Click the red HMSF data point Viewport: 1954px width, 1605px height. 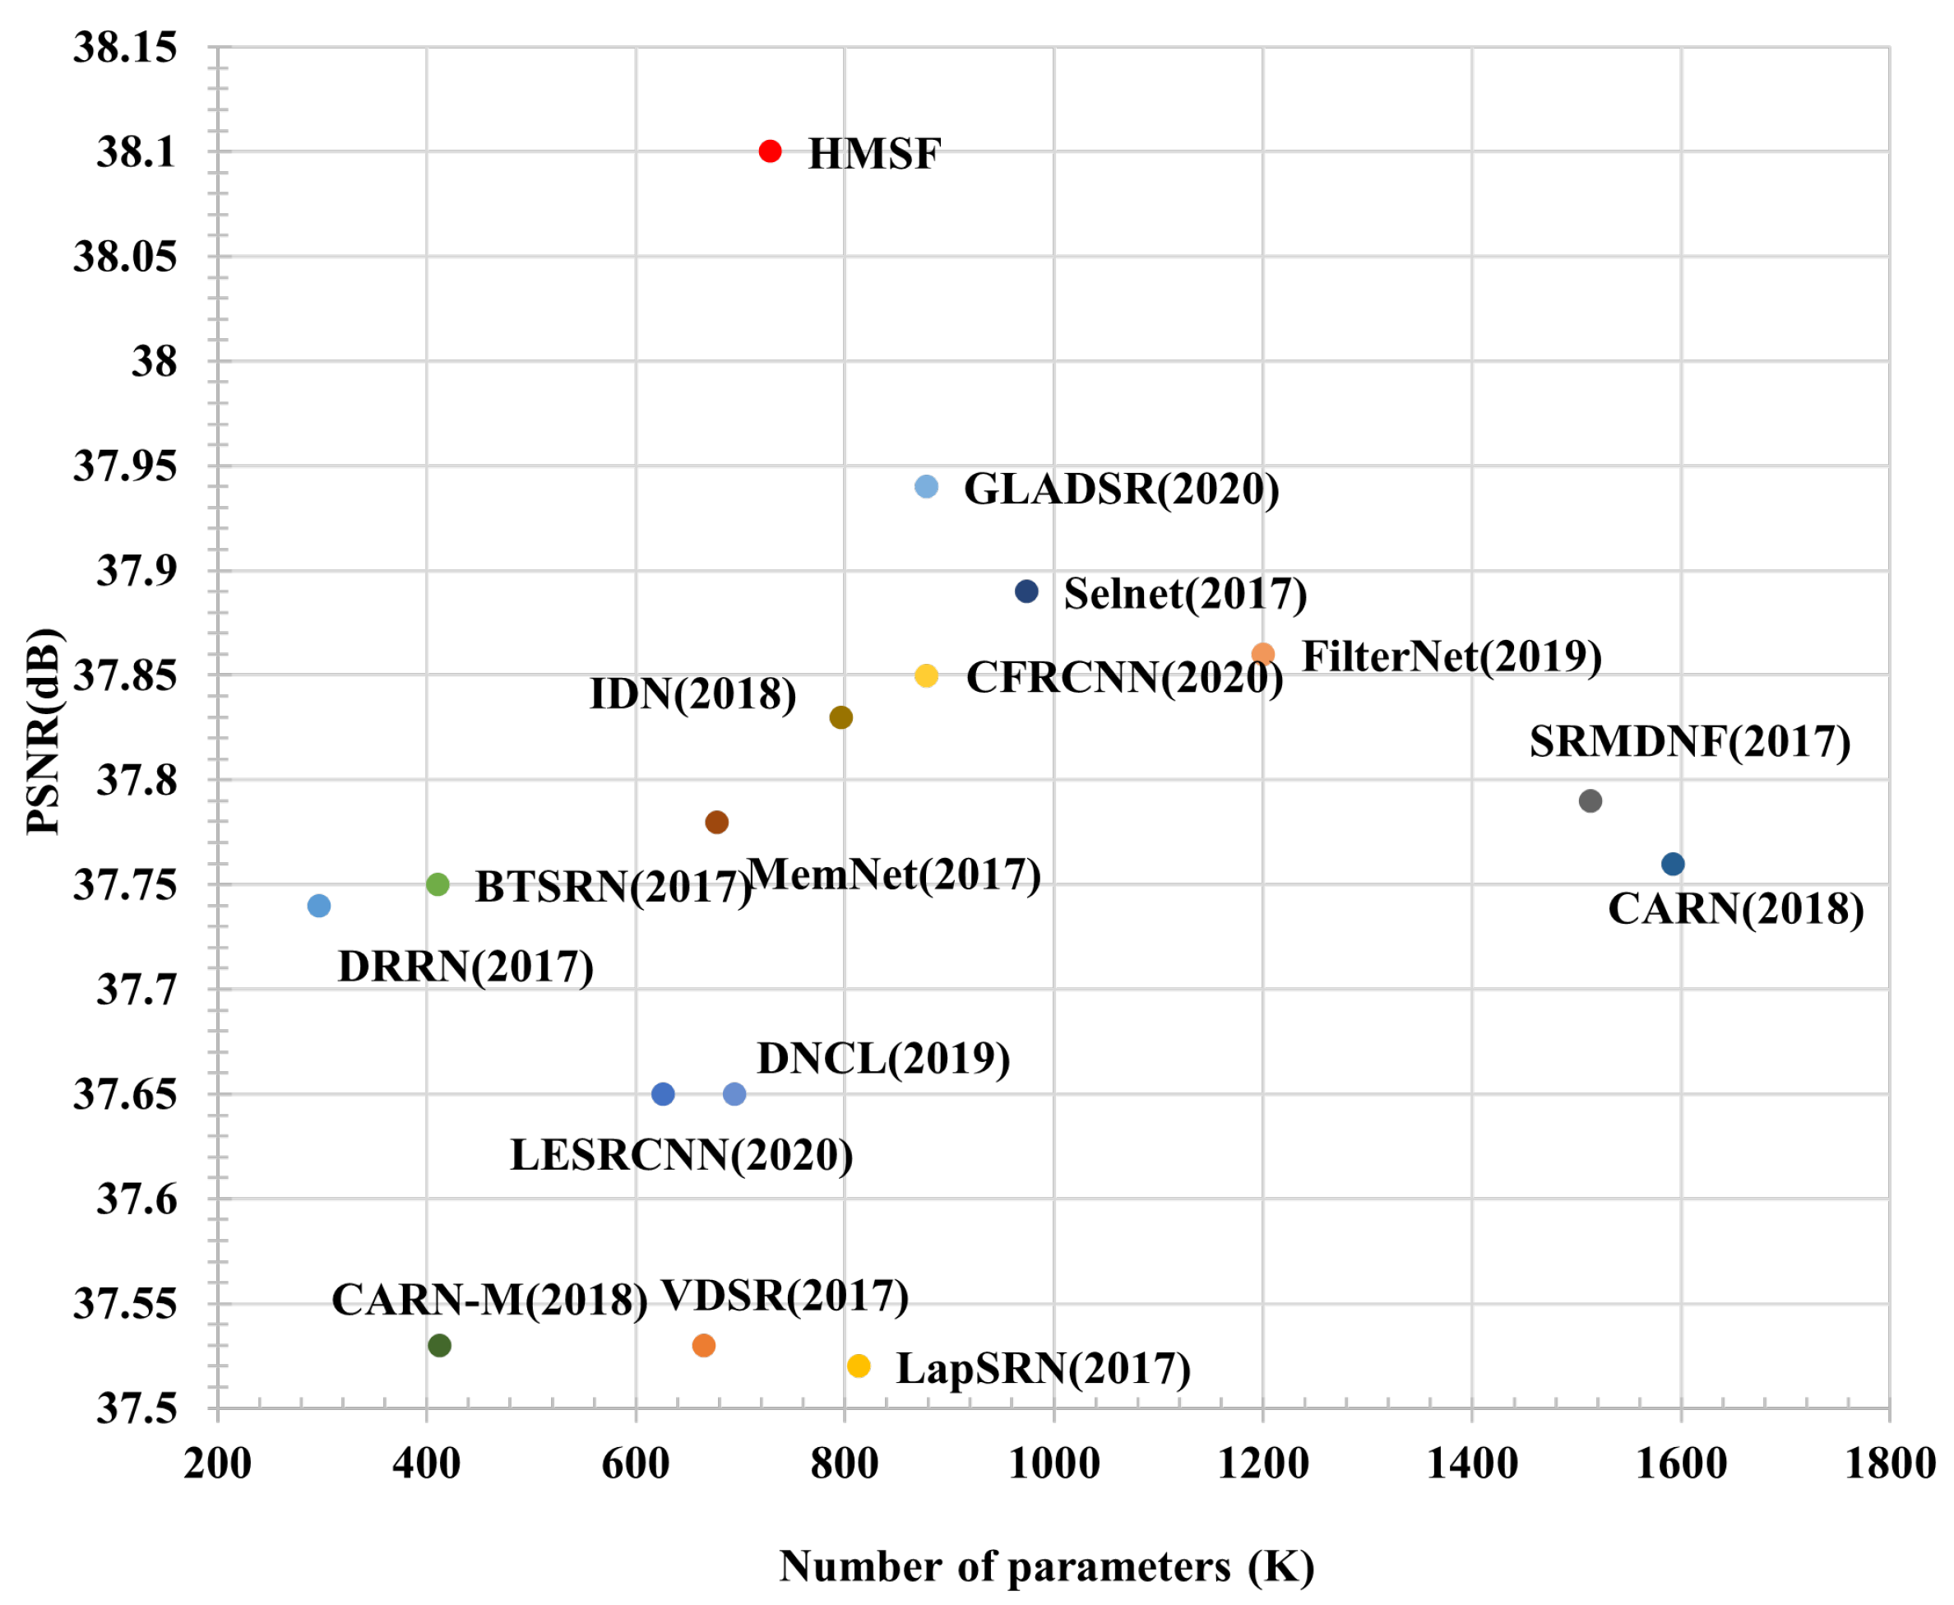[x=770, y=151]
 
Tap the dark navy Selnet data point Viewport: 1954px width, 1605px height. [x=1026, y=591]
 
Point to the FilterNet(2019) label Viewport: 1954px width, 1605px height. [x=1452, y=656]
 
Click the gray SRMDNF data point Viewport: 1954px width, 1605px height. [x=1590, y=800]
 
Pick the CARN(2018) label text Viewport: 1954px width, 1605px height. [x=1736, y=910]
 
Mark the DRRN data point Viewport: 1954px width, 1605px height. [x=319, y=906]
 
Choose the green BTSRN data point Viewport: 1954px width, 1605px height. [x=438, y=885]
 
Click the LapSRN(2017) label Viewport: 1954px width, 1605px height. [x=1043, y=1369]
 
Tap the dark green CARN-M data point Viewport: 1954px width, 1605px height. [x=440, y=1345]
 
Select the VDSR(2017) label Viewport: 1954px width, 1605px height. [x=785, y=1297]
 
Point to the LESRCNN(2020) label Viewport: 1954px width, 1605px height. [x=681, y=1156]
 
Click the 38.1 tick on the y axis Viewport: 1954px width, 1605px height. [x=136, y=151]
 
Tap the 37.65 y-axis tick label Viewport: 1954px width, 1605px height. [x=125, y=1095]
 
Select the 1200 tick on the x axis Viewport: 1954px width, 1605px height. [x=1262, y=1464]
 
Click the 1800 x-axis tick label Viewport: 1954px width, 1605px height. [x=1889, y=1464]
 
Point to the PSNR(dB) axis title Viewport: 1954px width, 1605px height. [x=44, y=731]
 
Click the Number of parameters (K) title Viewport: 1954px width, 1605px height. [x=1046, y=1567]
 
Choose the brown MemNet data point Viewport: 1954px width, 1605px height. [x=716, y=822]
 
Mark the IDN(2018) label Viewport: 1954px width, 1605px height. [x=692, y=694]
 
